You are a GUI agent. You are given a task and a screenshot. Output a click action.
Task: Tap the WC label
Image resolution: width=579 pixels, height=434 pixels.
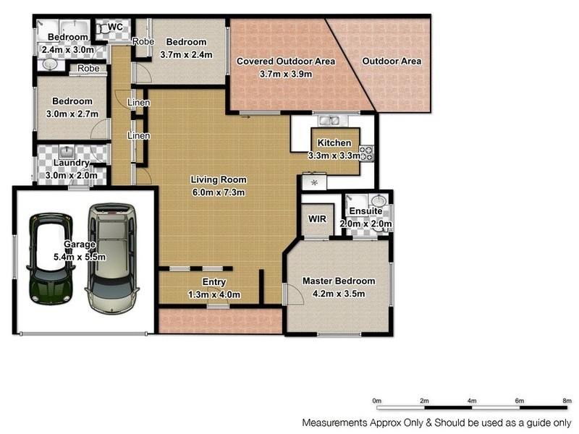(x=115, y=27)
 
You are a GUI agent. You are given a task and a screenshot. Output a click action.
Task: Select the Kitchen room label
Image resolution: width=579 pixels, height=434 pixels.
(x=334, y=143)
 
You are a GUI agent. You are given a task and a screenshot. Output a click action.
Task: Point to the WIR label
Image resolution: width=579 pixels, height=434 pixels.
(x=316, y=218)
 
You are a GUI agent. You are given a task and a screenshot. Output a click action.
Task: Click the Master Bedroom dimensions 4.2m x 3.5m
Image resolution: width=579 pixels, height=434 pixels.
(x=339, y=293)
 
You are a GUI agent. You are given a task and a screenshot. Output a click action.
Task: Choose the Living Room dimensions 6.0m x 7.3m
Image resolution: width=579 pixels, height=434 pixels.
(x=219, y=192)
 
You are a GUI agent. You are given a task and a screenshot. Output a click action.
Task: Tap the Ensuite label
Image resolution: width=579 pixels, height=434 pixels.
(x=365, y=211)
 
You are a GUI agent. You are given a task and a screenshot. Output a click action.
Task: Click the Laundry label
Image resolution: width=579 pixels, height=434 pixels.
(x=70, y=163)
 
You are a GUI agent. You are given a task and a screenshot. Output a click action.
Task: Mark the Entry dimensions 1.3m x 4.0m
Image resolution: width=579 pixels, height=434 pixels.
(x=214, y=294)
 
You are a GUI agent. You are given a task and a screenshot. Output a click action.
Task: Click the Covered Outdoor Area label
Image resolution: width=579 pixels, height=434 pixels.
(x=286, y=61)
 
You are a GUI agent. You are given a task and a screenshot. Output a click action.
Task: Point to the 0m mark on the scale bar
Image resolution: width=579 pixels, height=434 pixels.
(x=376, y=400)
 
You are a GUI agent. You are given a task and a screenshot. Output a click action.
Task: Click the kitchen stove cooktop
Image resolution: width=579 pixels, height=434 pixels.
(x=366, y=153)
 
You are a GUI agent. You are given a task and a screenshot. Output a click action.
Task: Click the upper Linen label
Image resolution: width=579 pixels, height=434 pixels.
(x=138, y=103)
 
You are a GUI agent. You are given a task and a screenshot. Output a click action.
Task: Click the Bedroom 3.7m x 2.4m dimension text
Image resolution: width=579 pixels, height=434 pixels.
(x=186, y=54)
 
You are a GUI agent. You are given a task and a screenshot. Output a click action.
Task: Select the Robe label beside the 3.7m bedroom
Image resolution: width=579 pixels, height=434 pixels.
(x=143, y=41)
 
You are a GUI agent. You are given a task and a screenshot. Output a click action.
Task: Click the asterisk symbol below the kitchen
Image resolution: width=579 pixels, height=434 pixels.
(x=314, y=183)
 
